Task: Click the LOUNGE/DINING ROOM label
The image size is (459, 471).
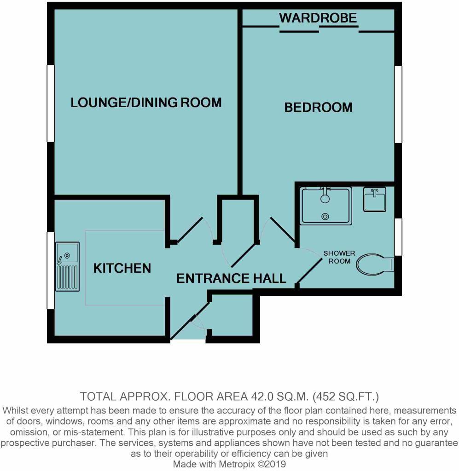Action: coord(146,103)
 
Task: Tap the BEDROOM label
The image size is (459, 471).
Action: coord(318,108)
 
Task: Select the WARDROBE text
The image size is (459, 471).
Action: coord(318,18)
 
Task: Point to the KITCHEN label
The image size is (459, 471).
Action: coord(122,268)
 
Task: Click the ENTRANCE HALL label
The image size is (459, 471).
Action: coord(231,278)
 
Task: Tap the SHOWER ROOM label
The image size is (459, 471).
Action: coord(339,257)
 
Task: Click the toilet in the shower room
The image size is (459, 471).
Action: coord(375,264)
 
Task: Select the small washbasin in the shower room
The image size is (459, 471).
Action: coord(374,199)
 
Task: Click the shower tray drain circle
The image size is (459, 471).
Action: coord(325,216)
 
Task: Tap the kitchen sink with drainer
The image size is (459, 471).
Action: coord(67,266)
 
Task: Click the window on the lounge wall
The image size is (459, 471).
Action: coord(51,103)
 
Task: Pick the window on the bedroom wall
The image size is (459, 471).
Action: coord(398,104)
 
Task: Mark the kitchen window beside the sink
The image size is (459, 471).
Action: coord(51,270)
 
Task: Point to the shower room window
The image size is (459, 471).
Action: coord(398,237)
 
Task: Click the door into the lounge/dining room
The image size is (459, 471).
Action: coord(190,230)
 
